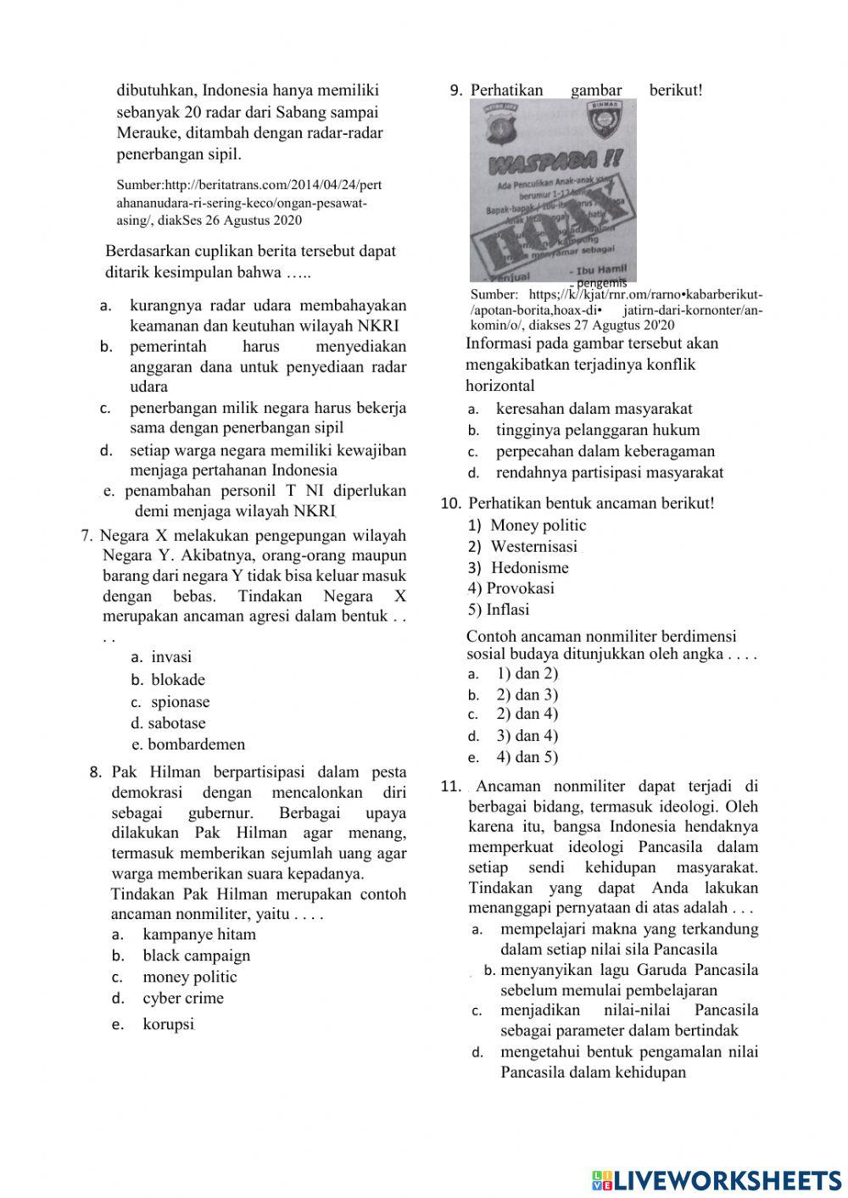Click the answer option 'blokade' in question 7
pos(177,679)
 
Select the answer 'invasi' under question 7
pos(171,656)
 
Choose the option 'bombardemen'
pos(196,744)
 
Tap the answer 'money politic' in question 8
pos(189,977)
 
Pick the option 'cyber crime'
pos(183,998)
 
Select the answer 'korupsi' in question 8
pos(168,1024)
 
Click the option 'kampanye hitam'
pos(198,934)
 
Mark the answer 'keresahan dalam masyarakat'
pos(594,409)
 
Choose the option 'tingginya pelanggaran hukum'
pos(597,430)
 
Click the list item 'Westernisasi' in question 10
pos(533,547)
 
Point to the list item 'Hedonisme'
pos(529,568)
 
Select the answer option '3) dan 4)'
pos(527,736)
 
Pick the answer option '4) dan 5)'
pos(527,757)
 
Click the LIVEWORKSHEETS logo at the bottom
pos(717,1179)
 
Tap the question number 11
pos(450,786)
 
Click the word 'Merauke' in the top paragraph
pos(144,133)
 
